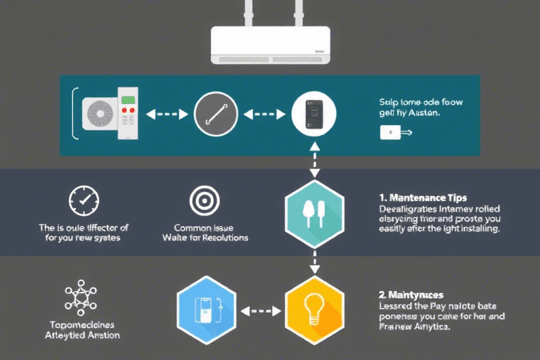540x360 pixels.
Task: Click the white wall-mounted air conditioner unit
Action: (271, 46)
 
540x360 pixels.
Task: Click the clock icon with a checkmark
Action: (84, 201)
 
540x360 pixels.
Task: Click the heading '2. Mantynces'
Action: (412, 295)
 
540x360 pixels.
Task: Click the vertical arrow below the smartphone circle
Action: (314, 162)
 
